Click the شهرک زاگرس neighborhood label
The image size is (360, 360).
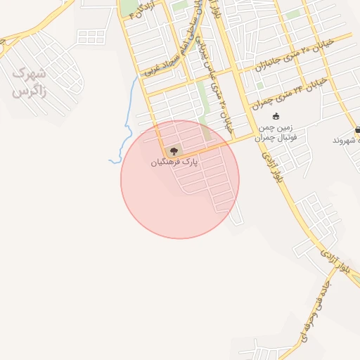(29, 82)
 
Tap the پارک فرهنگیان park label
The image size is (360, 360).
(175, 162)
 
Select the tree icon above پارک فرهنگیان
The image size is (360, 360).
(174, 150)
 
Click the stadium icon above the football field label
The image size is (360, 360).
(276, 117)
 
